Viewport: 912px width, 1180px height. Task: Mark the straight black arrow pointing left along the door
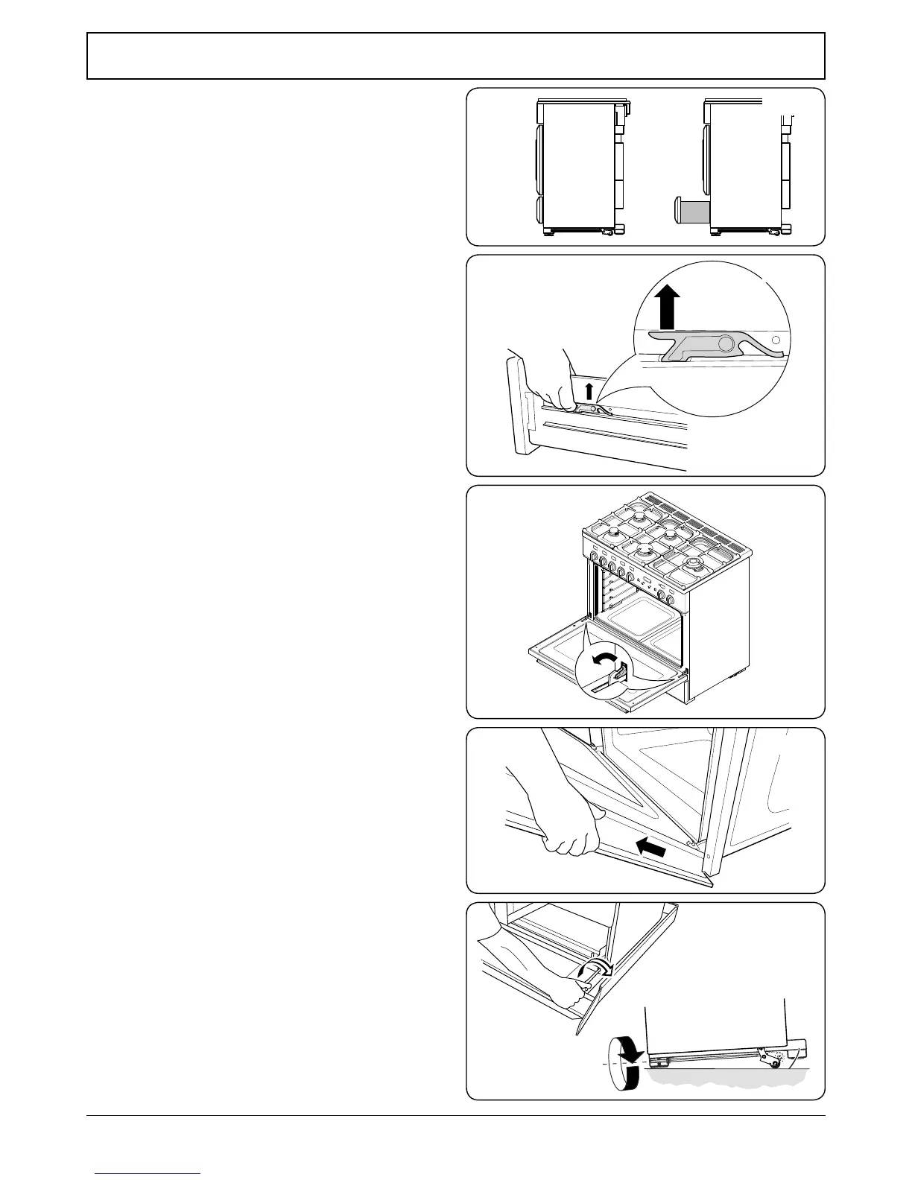point(651,847)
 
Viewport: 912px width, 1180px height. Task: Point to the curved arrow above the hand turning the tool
point(598,968)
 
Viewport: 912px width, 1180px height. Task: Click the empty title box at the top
point(455,56)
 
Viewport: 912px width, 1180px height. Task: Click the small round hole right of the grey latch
point(776,340)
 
